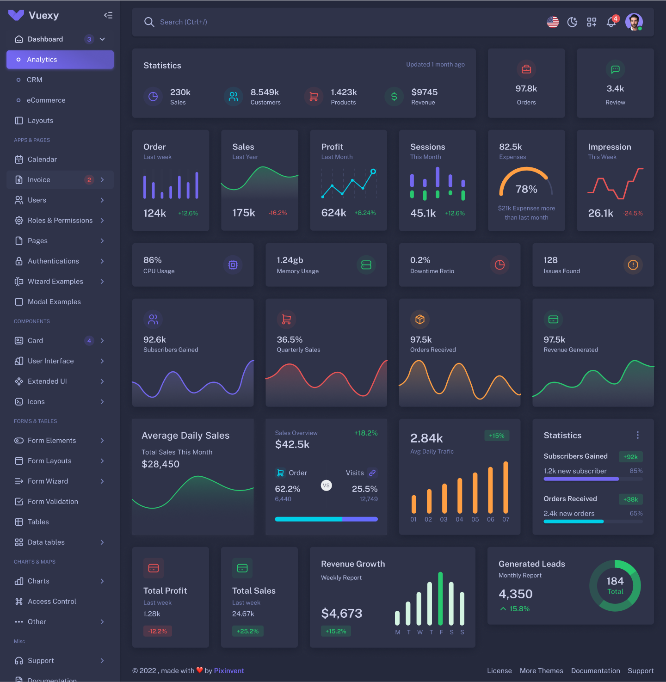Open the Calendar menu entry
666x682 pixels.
pyautogui.click(x=42, y=160)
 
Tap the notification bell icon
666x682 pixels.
pyautogui.click(x=611, y=22)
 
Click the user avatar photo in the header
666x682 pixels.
pyautogui.click(x=634, y=22)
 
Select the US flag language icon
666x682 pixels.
pyautogui.click(x=553, y=22)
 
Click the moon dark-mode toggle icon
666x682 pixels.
pyautogui.click(x=572, y=22)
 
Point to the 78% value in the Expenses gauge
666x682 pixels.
pyautogui.click(x=526, y=189)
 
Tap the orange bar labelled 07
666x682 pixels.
pyautogui.click(x=506, y=487)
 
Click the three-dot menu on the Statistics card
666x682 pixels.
pyautogui.click(x=638, y=435)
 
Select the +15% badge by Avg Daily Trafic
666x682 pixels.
pyautogui.click(x=497, y=436)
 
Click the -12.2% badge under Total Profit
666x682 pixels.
pyautogui.click(x=157, y=631)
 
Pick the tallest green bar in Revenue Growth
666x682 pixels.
pyautogui.click(x=440, y=599)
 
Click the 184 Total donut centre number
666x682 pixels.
pyautogui.click(x=615, y=581)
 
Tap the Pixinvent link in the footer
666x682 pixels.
pyautogui.click(x=229, y=671)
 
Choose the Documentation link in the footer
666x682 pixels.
pyautogui.click(x=595, y=671)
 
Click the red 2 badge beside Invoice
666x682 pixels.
pyautogui.click(x=89, y=180)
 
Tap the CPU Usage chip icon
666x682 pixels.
pyautogui.click(x=233, y=265)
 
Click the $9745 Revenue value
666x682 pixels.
pyautogui.click(x=424, y=92)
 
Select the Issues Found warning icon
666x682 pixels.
pyautogui.click(x=633, y=265)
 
